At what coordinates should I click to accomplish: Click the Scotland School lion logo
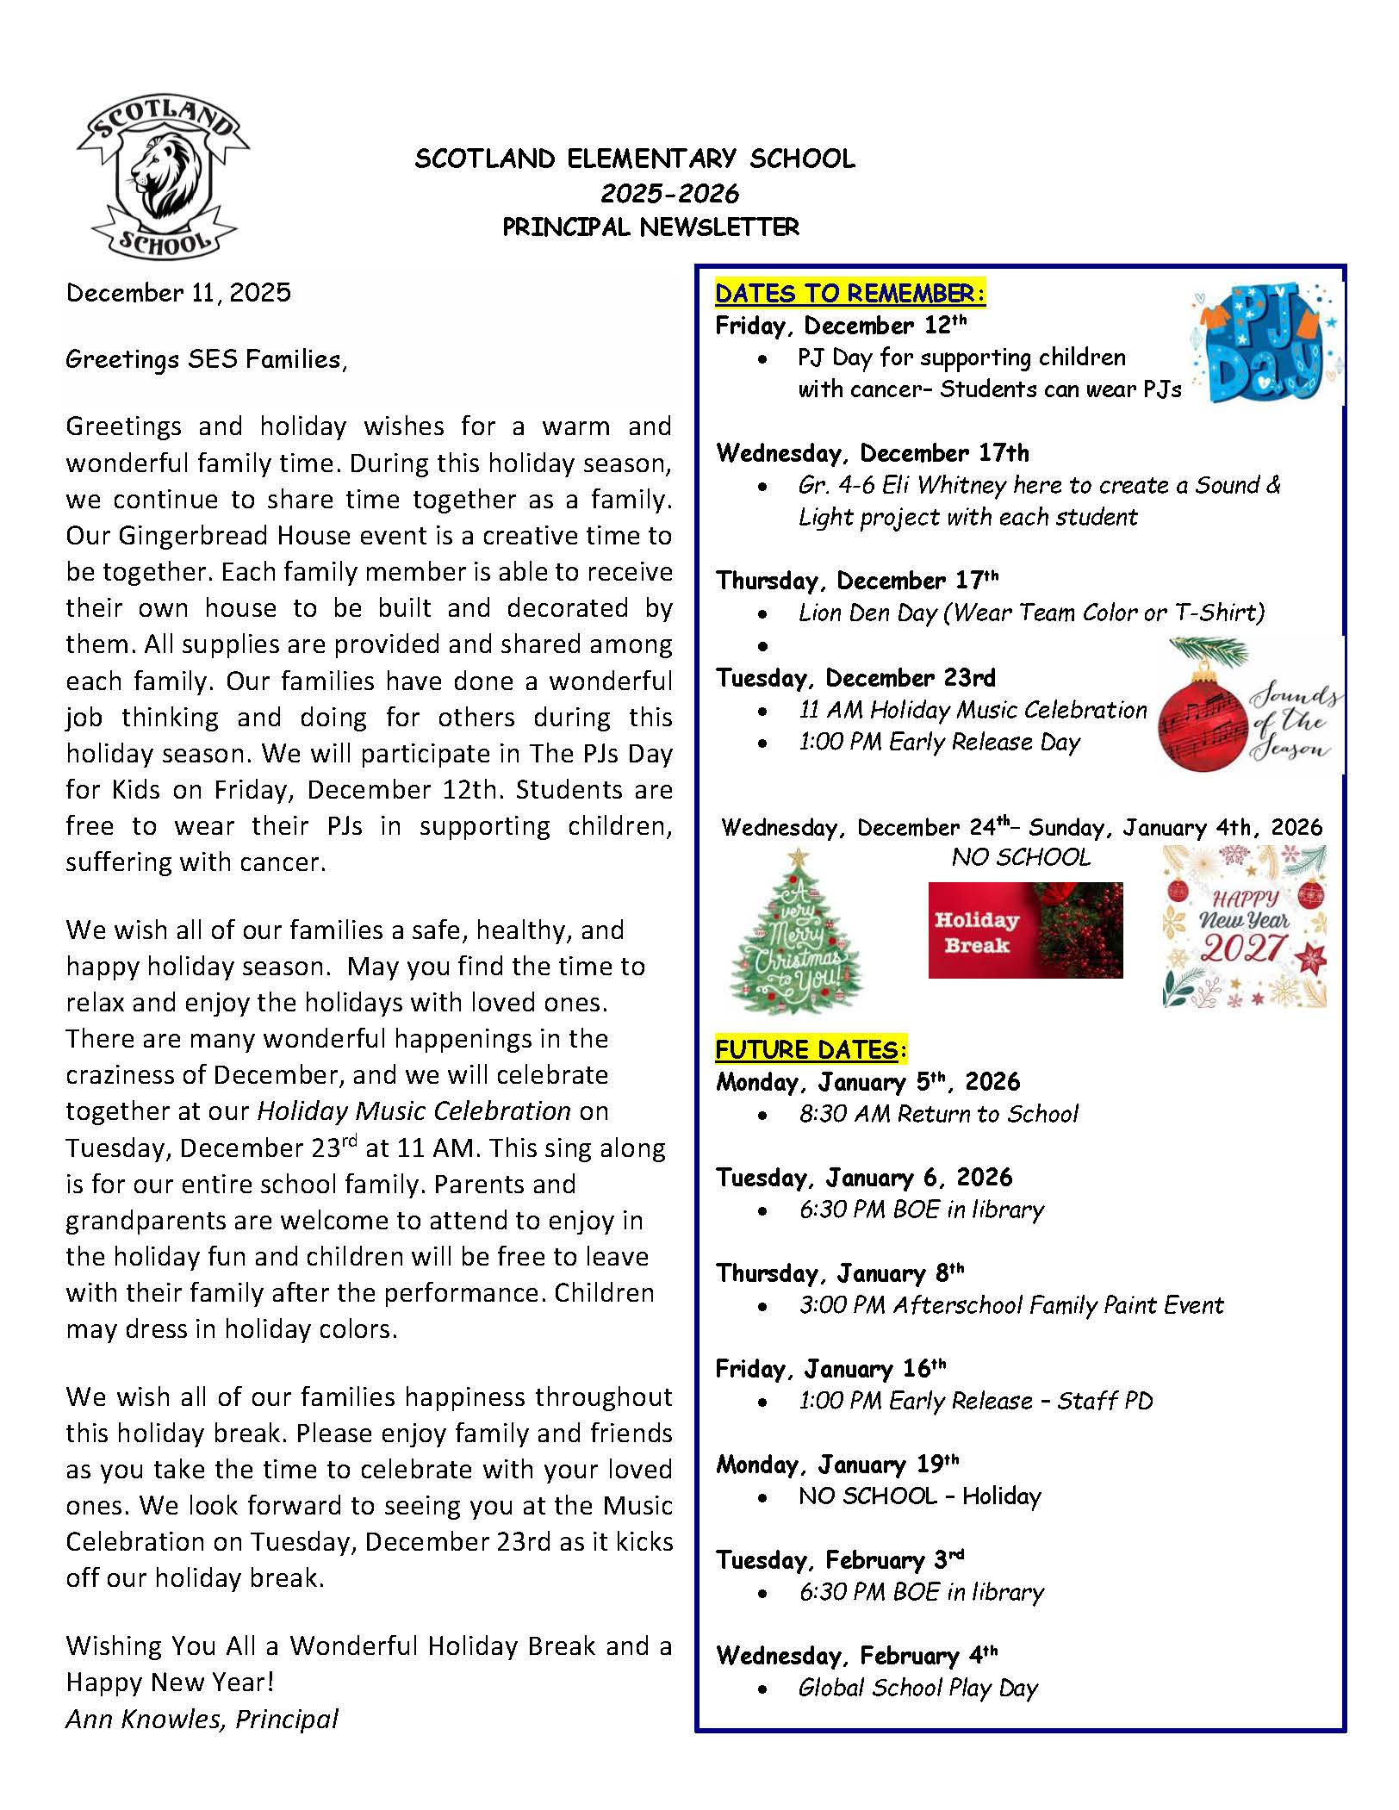[162, 179]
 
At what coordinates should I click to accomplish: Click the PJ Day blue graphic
[1265, 343]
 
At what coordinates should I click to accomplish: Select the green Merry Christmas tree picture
[795, 932]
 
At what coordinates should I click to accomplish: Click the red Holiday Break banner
[1025, 930]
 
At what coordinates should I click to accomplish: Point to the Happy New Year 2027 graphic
[1244, 927]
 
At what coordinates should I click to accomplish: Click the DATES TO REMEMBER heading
[849, 294]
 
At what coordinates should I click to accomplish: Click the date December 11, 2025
[178, 293]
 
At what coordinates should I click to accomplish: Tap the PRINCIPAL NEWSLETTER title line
[651, 227]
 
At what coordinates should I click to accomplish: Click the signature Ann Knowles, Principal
[202, 1719]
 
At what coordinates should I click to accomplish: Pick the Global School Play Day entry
[918, 1688]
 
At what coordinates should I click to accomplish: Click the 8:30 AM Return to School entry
[938, 1114]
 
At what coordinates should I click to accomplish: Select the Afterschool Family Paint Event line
[1011, 1305]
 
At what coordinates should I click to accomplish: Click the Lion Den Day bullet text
[1031, 613]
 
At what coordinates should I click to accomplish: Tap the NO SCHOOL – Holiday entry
[919, 1496]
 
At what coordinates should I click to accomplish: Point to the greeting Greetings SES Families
[206, 359]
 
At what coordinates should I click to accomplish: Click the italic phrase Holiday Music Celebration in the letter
[413, 1111]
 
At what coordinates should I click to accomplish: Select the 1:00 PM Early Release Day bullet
[939, 742]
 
